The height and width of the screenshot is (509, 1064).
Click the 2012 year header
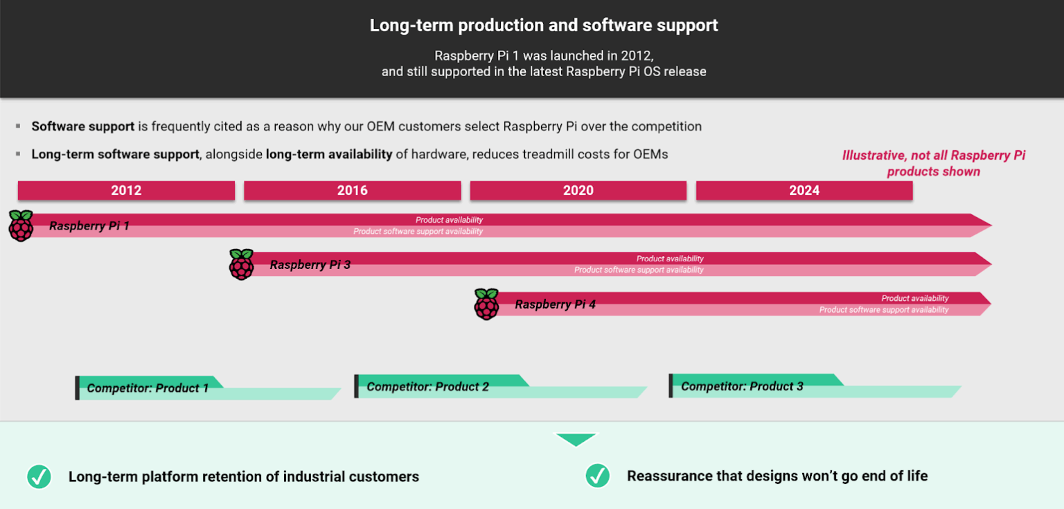point(126,191)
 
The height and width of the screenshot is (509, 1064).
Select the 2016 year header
point(352,191)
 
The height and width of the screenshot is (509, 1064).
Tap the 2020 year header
point(578,191)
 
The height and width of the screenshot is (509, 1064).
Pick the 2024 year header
point(804,191)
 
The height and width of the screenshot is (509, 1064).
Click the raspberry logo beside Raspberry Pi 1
point(21,225)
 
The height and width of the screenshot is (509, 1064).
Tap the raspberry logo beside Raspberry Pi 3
point(242,264)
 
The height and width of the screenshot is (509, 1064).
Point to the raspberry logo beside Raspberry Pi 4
point(486,304)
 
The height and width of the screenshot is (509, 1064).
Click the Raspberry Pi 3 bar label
point(310,265)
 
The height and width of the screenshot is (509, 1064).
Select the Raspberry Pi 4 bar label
point(555,304)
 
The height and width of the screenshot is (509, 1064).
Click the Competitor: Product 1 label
point(148,388)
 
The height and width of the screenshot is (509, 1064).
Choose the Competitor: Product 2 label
point(427,387)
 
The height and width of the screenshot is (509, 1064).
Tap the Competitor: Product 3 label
point(742,386)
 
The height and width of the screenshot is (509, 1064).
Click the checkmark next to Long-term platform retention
point(39,476)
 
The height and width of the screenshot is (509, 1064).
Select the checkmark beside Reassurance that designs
point(597,476)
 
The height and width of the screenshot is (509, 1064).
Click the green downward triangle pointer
point(576,440)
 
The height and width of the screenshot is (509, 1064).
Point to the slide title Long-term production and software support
point(544,26)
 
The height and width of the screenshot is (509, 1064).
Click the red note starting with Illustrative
point(933,164)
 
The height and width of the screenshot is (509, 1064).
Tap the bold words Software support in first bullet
point(83,126)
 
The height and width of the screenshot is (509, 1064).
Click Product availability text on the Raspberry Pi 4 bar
point(914,298)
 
